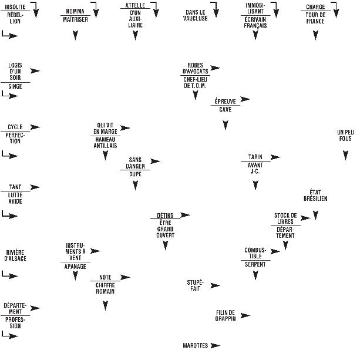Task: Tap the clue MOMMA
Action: pos(75,11)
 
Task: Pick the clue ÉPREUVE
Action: pos(225,101)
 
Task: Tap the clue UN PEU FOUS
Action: pos(345,135)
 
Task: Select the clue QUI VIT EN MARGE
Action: pos(105,128)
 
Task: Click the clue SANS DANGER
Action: pos(135,163)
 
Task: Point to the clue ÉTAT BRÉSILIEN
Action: pos(315,196)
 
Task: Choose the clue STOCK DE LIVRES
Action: pos(285,218)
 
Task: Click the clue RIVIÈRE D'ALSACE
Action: pos(15,255)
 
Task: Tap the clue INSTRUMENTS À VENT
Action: pos(75,251)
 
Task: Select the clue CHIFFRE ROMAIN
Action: pos(105,288)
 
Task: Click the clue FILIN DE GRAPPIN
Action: pos(225,315)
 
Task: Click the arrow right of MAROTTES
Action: pos(216,345)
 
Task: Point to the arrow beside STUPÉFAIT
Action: pos(215,285)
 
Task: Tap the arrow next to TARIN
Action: pos(275,157)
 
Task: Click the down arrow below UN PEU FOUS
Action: pos(345,155)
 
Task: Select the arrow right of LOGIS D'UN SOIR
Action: pos(35,71)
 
